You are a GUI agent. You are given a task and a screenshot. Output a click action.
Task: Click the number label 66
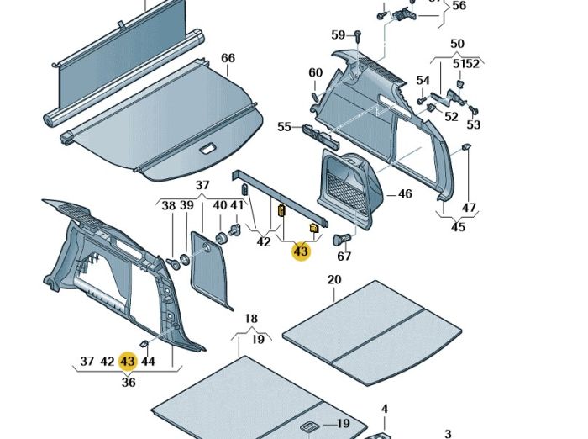tap(228, 58)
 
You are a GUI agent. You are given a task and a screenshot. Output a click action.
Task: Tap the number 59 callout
tap(338, 35)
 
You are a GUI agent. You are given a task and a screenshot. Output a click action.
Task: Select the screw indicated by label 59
tap(356, 34)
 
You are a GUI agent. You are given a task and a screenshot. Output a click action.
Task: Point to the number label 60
tap(315, 73)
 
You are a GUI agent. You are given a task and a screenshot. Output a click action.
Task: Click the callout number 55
tap(284, 127)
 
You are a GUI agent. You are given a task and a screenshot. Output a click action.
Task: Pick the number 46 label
tap(405, 194)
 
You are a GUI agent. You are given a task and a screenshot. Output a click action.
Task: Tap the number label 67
tap(344, 257)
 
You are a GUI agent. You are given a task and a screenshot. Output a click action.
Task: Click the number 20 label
tap(334, 280)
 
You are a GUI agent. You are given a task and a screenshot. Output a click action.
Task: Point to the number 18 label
tap(251, 319)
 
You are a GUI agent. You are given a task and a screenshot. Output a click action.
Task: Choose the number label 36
tap(128, 382)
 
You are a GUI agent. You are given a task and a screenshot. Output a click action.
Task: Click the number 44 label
tap(148, 362)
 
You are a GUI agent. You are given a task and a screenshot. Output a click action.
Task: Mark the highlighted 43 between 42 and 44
tap(128, 362)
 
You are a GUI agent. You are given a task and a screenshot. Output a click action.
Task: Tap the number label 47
tap(469, 208)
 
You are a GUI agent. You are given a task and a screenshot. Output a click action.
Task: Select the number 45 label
tap(457, 227)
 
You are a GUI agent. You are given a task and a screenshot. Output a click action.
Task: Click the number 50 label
tap(457, 44)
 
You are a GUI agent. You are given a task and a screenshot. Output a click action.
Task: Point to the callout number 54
tap(423, 81)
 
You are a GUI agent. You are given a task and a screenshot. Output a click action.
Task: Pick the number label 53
tap(474, 125)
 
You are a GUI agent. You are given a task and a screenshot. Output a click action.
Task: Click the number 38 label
tap(168, 206)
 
